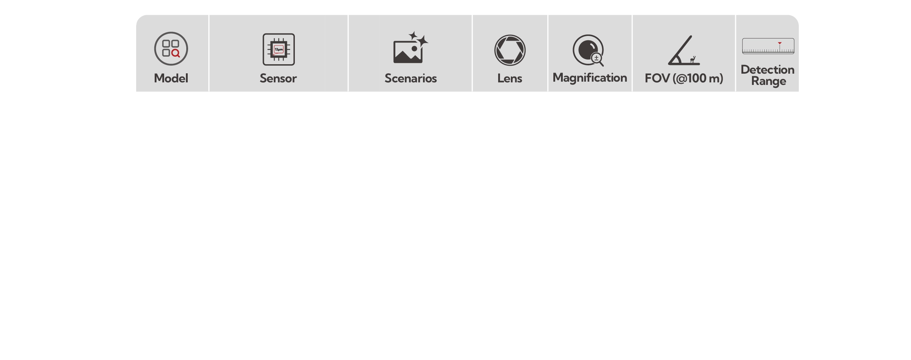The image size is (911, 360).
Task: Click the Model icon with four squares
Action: pyautogui.click(x=171, y=49)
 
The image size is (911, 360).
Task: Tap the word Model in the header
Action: pyautogui.click(x=171, y=78)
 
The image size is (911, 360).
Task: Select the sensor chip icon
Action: pyautogui.click(x=278, y=49)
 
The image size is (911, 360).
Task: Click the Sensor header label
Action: pyautogui.click(x=278, y=78)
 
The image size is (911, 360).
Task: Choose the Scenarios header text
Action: pyautogui.click(x=410, y=78)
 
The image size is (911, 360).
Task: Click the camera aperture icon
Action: pyautogui.click(x=510, y=50)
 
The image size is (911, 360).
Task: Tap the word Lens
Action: pyautogui.click(x=510, y=78)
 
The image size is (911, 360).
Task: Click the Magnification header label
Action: pyautogui.click(x=590, y=78)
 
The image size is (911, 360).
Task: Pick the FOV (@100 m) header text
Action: pyautogui.click(x=684, y=78)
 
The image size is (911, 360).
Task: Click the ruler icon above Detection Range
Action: pyautogui.click(x=768, y=46)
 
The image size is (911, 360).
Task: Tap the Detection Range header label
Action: pyautogui.click(x=768, y=75)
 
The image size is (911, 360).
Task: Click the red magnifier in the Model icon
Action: pyautogui.click(x=176, y=53)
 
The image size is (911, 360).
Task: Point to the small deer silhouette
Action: pyautogui.click(x=693, y=60)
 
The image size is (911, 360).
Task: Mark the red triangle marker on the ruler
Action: pyautogui.click(x=780, y=43)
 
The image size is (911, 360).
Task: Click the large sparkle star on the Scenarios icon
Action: pyautogui.click(x=422, y=41)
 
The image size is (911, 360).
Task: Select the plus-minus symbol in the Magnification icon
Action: pyautogui.click(x=596, y=58)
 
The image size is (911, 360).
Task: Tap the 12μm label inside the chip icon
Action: pyautogui.click(x=278, y=49)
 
